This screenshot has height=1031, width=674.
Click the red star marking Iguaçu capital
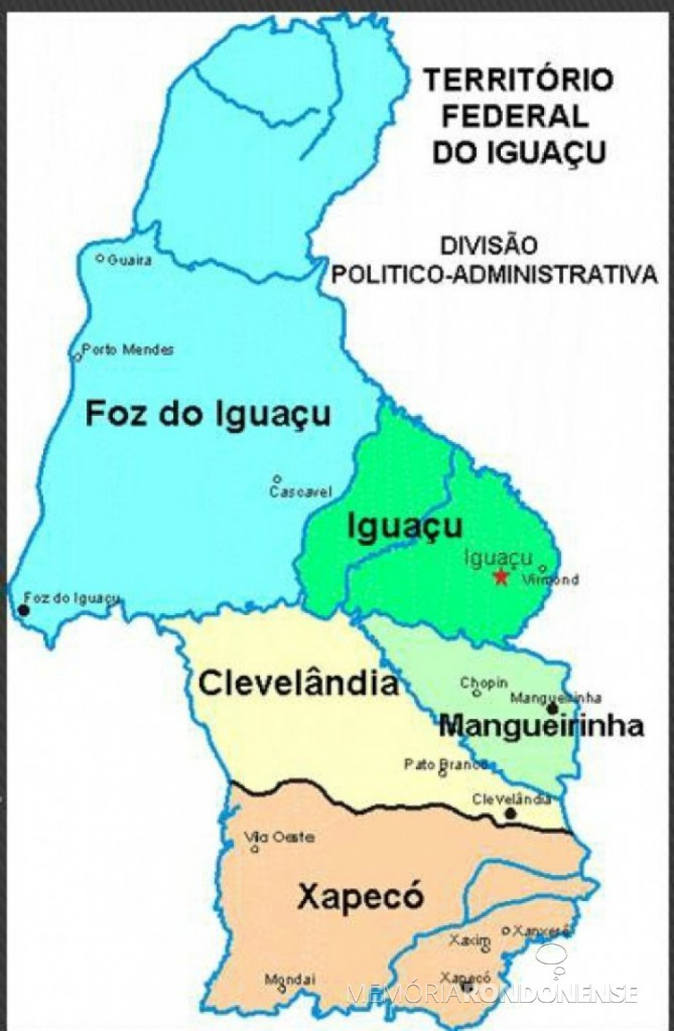[501, 577]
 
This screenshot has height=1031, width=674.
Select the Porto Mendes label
[128, 350]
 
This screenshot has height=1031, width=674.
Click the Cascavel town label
[301, 491]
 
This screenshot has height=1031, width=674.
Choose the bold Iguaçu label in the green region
[405, 527]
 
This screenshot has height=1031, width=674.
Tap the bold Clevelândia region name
[298, 684]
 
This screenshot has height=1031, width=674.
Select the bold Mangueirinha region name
[541, 725]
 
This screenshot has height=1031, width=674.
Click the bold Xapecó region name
[360, 897]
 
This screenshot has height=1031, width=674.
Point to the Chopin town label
[484, 683]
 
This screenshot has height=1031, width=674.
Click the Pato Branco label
[446, 764]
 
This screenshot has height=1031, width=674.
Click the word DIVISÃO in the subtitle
[488, 245]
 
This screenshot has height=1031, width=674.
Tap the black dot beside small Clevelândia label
[510, 814]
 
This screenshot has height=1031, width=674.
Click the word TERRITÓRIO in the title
[517, 80]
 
